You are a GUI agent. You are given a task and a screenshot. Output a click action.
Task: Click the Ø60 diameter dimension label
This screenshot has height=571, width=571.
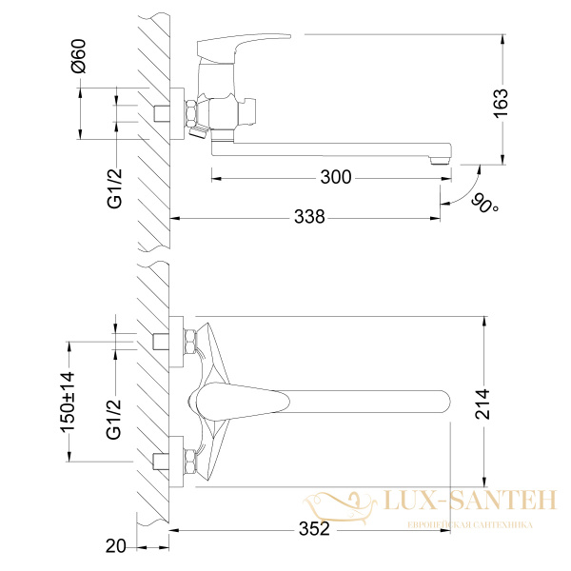[79, 56]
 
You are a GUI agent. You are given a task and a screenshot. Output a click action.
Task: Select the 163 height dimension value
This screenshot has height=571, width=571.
[501, 103]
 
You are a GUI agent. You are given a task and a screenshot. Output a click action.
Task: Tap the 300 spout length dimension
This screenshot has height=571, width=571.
[336, 177]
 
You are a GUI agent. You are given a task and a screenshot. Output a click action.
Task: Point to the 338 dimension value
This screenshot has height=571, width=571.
[309, 217]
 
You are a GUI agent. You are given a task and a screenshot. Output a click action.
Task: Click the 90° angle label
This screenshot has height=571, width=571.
[485, 204]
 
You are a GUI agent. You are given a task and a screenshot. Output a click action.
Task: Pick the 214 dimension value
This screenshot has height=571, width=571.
[482, 404]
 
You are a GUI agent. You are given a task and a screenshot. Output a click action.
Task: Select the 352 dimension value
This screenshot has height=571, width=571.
[314, 529]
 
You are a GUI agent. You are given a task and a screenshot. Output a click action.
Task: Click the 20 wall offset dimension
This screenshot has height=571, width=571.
[115, 546]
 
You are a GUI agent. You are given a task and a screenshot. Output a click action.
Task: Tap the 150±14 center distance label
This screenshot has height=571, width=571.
[68, 402]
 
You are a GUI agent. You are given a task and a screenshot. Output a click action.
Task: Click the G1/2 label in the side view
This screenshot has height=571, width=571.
[115, 188]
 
